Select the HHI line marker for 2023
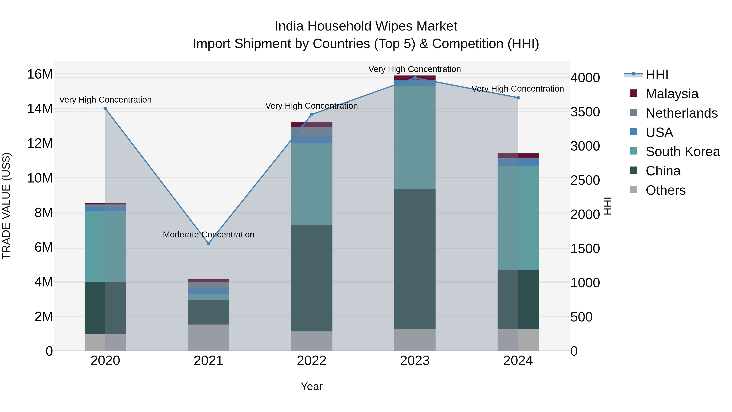click(415, 78)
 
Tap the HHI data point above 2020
click(105, 108)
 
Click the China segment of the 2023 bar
click(415, 259)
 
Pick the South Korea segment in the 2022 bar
click(312, 184)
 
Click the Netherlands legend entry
click(681, 113)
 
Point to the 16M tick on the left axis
click(40, 74)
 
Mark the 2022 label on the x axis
click(312, 361)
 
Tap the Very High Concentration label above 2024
click(517, 89)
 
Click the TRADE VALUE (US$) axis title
click(6, 206)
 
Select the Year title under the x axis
click(312, 386)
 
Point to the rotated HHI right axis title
click(607, 206)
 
